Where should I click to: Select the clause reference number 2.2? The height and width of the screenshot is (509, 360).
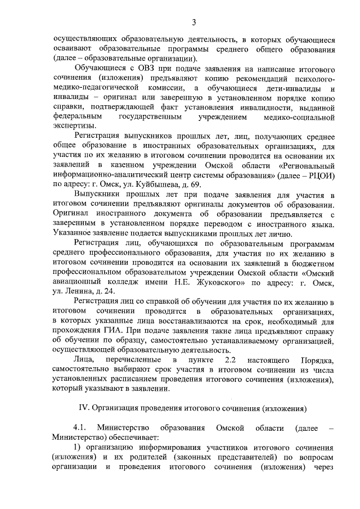230,359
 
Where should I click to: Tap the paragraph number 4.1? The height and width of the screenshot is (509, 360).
80,428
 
